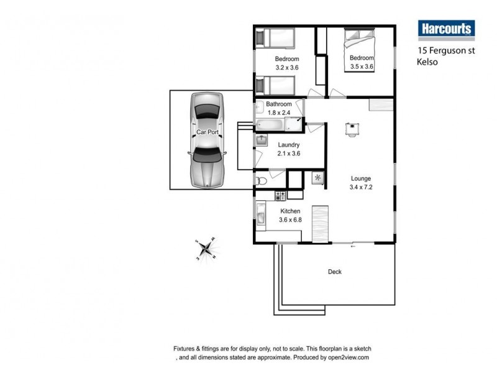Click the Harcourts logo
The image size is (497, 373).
[445, 29]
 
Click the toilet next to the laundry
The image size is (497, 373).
[262, 180]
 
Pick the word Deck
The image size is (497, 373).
[334, 272]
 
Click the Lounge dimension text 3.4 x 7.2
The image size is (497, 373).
[361, 186]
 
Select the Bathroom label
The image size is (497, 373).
[279, 104]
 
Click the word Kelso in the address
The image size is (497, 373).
[429, 62]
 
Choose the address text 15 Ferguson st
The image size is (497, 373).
[445, 51]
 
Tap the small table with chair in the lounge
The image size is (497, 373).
[352, 128]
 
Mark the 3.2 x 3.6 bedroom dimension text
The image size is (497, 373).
[287, 67]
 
